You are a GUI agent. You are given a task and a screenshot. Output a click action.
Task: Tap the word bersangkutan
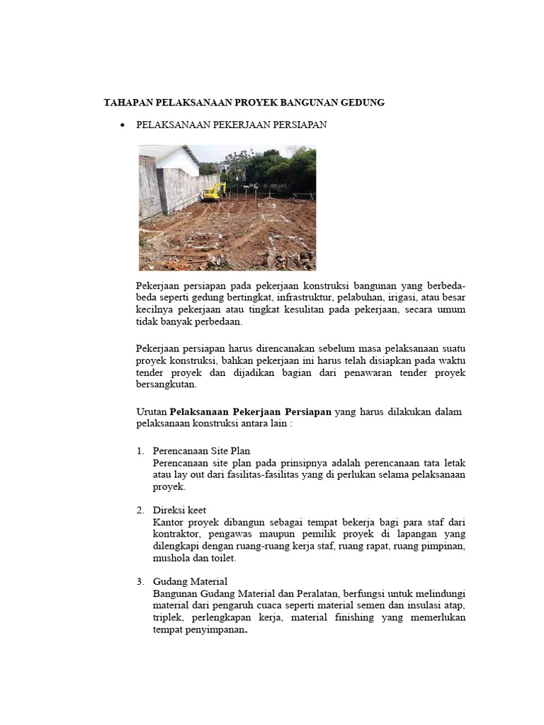coord(166,385)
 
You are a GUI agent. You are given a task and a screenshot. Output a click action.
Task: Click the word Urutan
coord(151,412)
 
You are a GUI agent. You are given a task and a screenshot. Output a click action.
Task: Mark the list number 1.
coord(140,450)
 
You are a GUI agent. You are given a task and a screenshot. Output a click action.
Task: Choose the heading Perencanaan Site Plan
coord(201,450)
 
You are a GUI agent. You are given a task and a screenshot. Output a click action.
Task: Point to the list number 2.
coord(140,510)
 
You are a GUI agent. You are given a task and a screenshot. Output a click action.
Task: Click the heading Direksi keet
coord(179,510)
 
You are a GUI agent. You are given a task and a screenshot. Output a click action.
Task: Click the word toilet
coord(222,558)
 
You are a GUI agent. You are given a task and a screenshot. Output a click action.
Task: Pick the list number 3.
coord(140,581)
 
